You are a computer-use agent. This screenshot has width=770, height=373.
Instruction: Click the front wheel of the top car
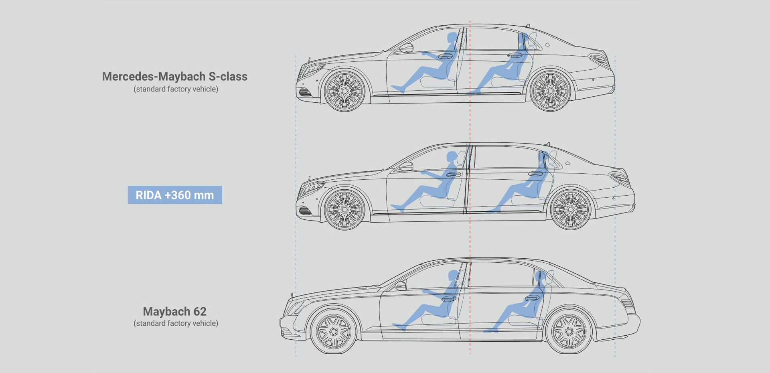click(344, 91)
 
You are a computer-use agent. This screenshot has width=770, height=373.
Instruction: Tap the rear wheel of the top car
click(550, 91)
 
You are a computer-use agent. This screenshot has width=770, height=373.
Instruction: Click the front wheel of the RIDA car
click(344, 209)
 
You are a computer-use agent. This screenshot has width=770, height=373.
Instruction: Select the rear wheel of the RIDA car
click(571, 209)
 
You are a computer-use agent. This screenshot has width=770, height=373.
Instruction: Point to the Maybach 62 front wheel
click(334, 331)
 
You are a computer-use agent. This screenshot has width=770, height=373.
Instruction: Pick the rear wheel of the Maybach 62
click(569, 331)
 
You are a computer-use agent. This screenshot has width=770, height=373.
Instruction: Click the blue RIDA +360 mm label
click(175, 195)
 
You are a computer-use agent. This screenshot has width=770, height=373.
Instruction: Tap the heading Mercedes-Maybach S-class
click(175, 76)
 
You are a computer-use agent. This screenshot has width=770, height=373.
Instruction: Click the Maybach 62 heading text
click(175, 311)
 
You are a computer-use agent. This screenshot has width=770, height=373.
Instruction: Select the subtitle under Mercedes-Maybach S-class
click(176, 89)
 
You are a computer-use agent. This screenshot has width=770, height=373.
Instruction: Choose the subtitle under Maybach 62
click(176, 323)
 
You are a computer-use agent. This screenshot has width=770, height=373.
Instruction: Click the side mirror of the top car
click(406, 48)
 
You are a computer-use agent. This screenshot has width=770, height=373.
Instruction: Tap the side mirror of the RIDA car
click(406, 166)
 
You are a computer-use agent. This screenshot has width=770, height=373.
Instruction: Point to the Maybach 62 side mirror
click(401, 286)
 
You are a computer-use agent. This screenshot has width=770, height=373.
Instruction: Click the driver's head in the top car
click(452, 38)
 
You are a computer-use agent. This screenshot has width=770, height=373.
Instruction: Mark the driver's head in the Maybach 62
click(454, 276)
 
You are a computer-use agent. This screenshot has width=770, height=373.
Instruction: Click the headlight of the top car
click(312, 71)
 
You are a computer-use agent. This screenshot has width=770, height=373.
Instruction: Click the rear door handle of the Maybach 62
click(532, 298)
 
